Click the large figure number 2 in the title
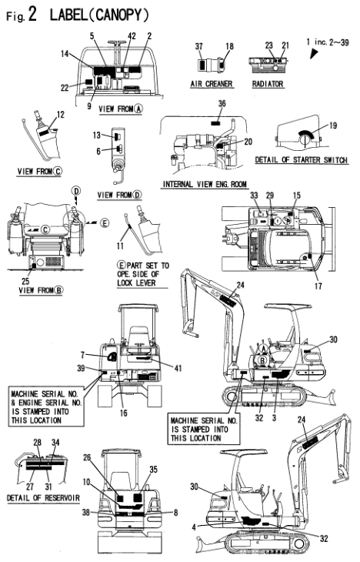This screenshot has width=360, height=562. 32,15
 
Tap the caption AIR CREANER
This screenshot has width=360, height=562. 212,84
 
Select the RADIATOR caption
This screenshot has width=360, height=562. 268,84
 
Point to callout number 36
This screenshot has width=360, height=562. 222,104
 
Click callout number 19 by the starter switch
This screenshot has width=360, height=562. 333,125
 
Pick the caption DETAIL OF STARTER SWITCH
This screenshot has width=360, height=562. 302,160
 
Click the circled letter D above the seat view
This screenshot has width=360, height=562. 76,190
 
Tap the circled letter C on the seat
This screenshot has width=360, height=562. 45,229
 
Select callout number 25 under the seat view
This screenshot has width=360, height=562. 25,281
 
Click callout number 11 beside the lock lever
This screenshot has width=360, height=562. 120,246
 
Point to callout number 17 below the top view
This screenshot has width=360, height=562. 318,286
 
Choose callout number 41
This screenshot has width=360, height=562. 178,368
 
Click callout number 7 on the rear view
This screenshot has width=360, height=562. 83,355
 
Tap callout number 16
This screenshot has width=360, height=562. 124,413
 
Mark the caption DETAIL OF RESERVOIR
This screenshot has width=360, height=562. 43,498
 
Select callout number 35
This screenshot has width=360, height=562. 153,470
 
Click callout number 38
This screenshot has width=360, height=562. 86,513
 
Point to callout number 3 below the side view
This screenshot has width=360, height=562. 275,418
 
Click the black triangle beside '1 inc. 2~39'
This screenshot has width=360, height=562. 314,53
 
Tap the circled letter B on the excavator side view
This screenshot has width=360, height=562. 263,360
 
